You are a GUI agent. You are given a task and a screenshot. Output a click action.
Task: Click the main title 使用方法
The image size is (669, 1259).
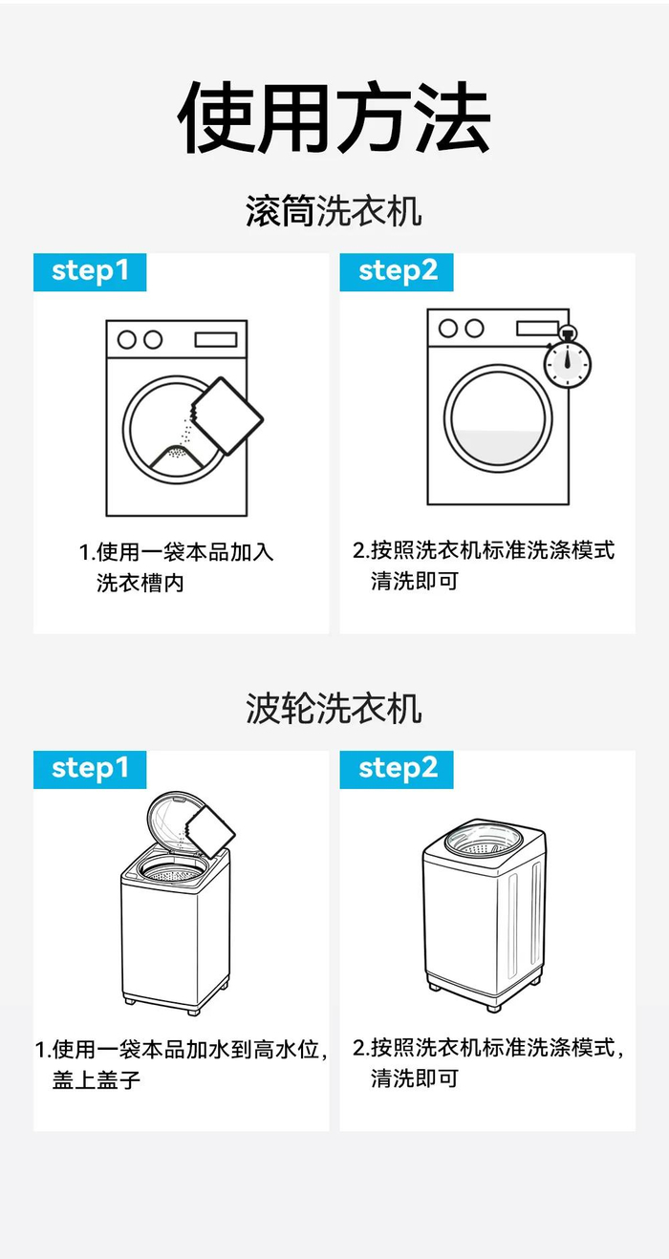334,117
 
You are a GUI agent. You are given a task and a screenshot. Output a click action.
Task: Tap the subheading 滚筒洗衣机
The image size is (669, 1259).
334,211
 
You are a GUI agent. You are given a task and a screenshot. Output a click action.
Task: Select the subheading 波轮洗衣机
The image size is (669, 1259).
334,708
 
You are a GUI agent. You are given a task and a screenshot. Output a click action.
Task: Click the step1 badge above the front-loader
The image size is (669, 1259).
90,272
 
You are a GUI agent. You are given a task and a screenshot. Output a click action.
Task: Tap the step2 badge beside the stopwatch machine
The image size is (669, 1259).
397,272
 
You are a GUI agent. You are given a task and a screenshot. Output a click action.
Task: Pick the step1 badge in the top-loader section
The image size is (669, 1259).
90,770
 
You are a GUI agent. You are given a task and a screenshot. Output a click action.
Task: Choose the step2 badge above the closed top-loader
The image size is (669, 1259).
397,770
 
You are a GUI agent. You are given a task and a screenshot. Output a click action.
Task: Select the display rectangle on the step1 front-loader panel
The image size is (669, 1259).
216,339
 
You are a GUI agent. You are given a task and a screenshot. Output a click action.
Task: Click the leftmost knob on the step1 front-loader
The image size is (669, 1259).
126,339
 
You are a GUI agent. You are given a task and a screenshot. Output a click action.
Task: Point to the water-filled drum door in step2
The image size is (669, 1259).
498,418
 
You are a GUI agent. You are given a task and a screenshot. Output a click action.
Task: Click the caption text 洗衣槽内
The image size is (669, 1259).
140,583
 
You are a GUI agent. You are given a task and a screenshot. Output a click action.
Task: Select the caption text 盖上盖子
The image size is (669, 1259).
97,1080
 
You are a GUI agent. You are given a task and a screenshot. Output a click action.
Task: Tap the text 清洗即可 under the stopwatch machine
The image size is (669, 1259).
415,581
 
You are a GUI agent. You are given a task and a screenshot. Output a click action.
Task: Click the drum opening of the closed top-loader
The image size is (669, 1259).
484,843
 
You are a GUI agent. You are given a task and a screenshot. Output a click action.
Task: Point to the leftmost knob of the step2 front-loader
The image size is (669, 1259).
448,328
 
